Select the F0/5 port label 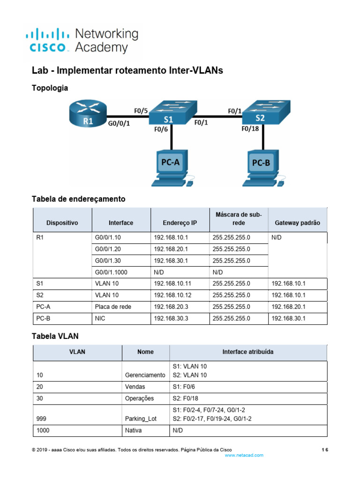point(141,111)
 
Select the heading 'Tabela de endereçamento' point(78,199)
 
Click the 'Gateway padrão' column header point(297,223)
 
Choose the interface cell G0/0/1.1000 point(114,272)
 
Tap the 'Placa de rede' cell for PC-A point(113,307)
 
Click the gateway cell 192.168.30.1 point(288,318)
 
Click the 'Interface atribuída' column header point(247,352)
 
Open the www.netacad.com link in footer point(244,455)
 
